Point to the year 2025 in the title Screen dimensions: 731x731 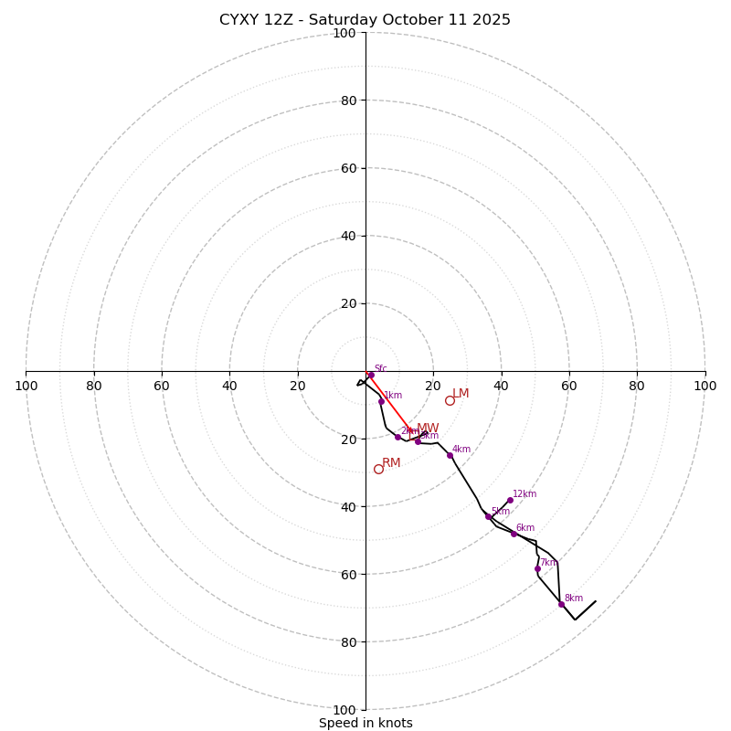492,20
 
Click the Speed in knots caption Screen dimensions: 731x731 365,723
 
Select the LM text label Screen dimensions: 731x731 461,394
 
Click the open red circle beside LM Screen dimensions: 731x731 450,400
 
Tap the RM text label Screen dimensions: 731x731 391,463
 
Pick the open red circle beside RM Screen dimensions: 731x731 378,469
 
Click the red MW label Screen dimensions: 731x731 428,428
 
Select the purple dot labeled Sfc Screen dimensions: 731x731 371,375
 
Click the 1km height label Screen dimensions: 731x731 393,396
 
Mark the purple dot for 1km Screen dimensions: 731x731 381,401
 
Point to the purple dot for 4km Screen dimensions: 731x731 450,455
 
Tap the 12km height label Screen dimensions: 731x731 524,494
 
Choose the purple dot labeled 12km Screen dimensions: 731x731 510,500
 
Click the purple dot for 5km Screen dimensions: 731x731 488,517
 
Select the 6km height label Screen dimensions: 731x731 525,528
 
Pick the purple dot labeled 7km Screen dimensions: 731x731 537,568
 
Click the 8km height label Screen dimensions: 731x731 574,599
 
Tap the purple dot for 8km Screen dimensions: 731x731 561,604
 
